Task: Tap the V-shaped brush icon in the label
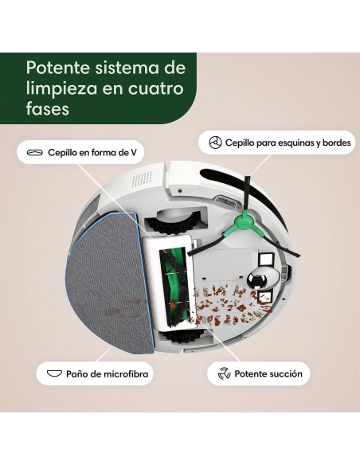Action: tap(34, 151)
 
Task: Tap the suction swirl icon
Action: tap(224, 373)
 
